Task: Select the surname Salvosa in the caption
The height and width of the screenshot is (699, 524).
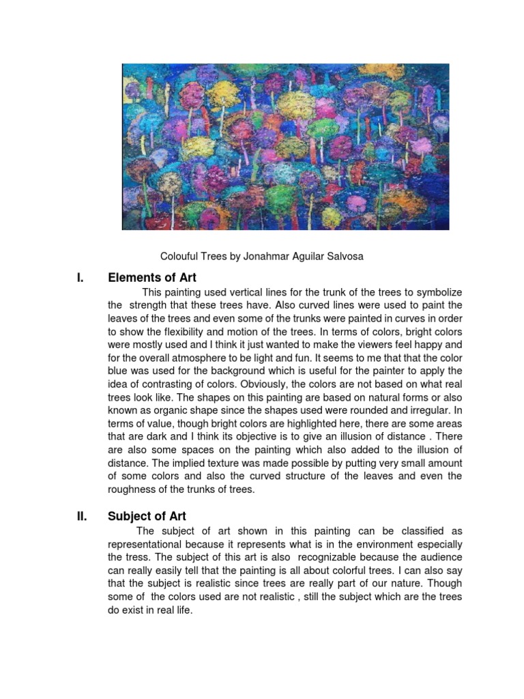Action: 345,256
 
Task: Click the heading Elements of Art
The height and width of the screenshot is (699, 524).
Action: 152,277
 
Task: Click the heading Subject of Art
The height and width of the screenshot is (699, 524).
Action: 147,516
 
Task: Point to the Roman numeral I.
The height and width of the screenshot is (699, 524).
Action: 81,277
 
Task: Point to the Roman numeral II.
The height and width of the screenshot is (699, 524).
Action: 82,516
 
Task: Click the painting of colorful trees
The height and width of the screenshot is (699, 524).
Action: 285,146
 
